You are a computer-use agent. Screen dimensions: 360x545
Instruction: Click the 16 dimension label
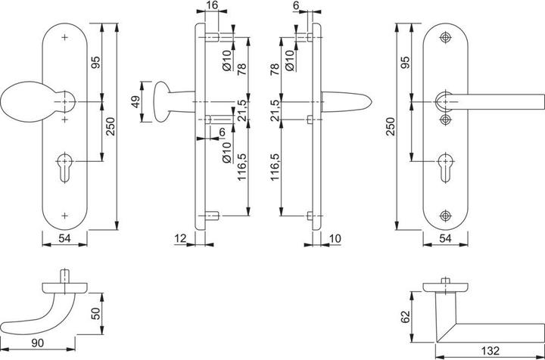(x=211, y=6)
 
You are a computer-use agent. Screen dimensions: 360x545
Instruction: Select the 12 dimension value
(x=179, y=239)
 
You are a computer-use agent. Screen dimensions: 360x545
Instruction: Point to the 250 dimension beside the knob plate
(x=111, y=129)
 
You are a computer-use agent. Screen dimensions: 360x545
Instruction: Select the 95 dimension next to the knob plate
(x=95, y=64)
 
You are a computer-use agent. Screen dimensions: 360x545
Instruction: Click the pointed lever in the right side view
(x=348, y=101)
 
